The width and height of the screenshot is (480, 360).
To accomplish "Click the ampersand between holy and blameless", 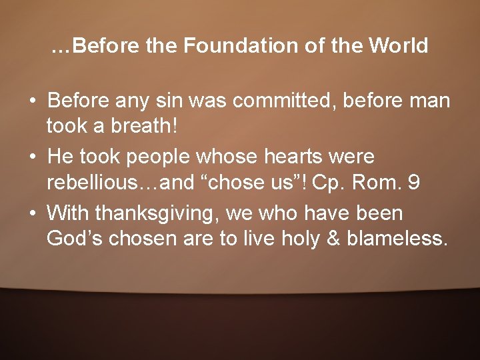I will point(331,238).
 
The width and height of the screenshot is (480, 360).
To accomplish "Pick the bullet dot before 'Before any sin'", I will point(33,102).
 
